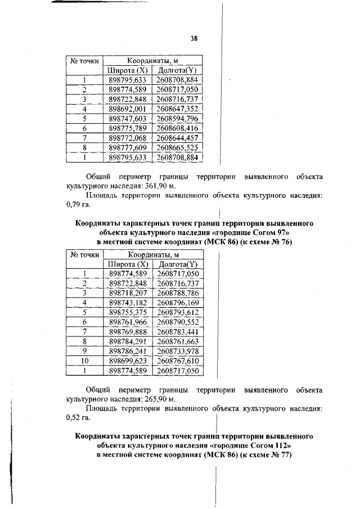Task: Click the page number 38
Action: click(193, 39)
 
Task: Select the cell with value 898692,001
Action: click(128, 108)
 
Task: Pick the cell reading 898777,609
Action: click(128, 147)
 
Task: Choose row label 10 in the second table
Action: click(84, 361)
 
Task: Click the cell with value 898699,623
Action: click(128, 361)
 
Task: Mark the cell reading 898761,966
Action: click(128, 322)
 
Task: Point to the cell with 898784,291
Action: click(128, 341)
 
